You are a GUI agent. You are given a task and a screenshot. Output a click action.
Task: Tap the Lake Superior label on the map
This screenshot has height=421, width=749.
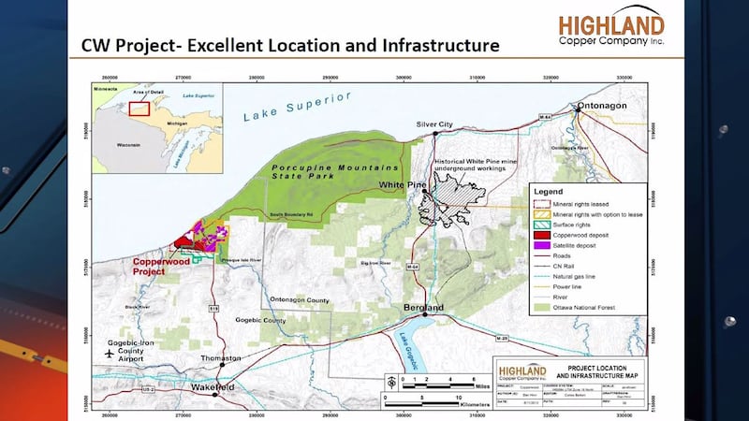[297, 106]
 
